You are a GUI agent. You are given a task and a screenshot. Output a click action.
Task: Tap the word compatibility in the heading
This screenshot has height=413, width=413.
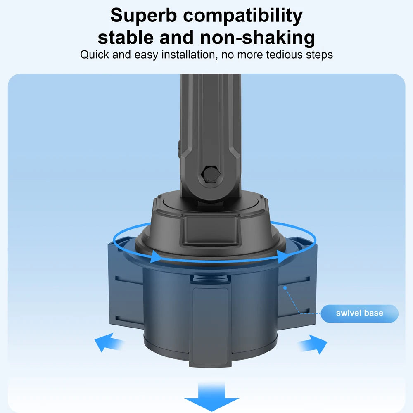(243, 16)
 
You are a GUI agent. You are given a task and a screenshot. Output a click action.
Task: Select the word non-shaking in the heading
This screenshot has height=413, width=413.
(257, 38)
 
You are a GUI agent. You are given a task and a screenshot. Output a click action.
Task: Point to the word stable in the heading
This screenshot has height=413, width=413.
(126, 38)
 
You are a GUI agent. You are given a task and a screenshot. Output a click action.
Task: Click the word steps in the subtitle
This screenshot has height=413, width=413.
(319, 55)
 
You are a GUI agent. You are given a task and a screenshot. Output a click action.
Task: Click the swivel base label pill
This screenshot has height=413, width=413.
(360, 313)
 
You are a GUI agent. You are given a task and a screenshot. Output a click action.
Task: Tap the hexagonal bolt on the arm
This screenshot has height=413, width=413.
(211, 174)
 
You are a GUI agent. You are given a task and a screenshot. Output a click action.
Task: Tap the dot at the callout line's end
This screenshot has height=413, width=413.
(285, 288)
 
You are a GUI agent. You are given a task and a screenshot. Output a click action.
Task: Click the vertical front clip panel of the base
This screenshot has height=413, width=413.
(211, 327)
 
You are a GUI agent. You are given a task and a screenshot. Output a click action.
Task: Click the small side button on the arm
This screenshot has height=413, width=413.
(179, 149)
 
